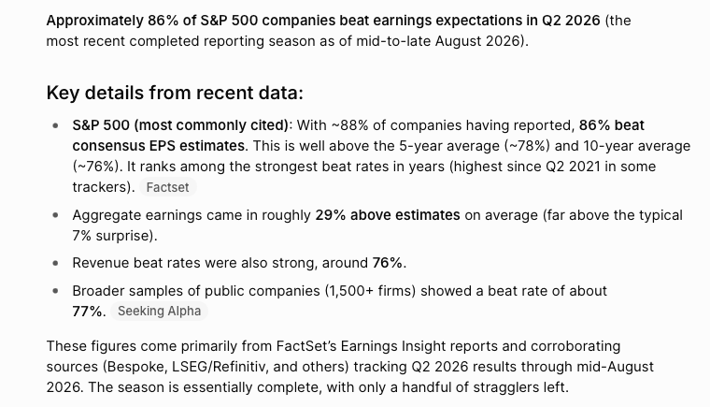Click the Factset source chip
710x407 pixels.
pyautogui.click(x=167, y=187)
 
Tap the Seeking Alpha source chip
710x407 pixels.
pyautogui.click(x=159, y=311)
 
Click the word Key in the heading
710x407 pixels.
pyautogui.click(x=63, y=93)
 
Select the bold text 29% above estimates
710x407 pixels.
pyautogui.click(x=388, y=214)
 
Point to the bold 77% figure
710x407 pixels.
pyautogui.click(x=87, y=312)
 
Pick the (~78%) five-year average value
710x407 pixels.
pyautogui.click(x=528, y=146)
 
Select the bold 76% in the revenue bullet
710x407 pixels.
pyautogui.click(x=387, y=263)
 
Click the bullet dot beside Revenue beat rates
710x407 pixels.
pyautogui.click(x=55, y=263)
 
